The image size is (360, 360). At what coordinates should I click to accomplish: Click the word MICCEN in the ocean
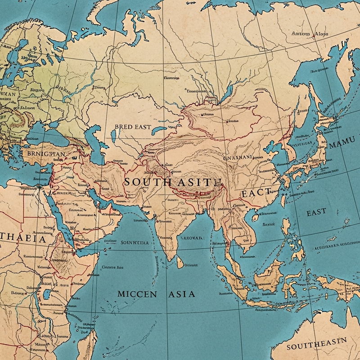pyautogui.click(x=137, y=294)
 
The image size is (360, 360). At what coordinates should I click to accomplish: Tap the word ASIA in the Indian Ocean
pyautogui.click(x=182, y=294)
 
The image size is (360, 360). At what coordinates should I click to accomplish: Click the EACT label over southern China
pyautogui.click(x=256, y=193)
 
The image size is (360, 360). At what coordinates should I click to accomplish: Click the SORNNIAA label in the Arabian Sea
pyautogui.click(x=135, y=242)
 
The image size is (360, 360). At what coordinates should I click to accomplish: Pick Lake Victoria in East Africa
pyautogui.click(x=46, y=295)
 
